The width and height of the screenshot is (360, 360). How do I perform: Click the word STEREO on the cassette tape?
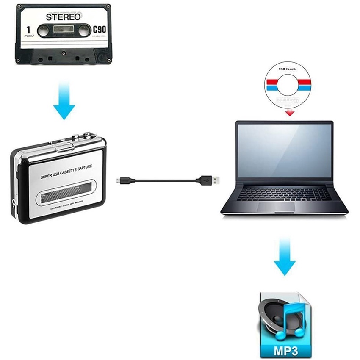(x=63, y=17)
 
